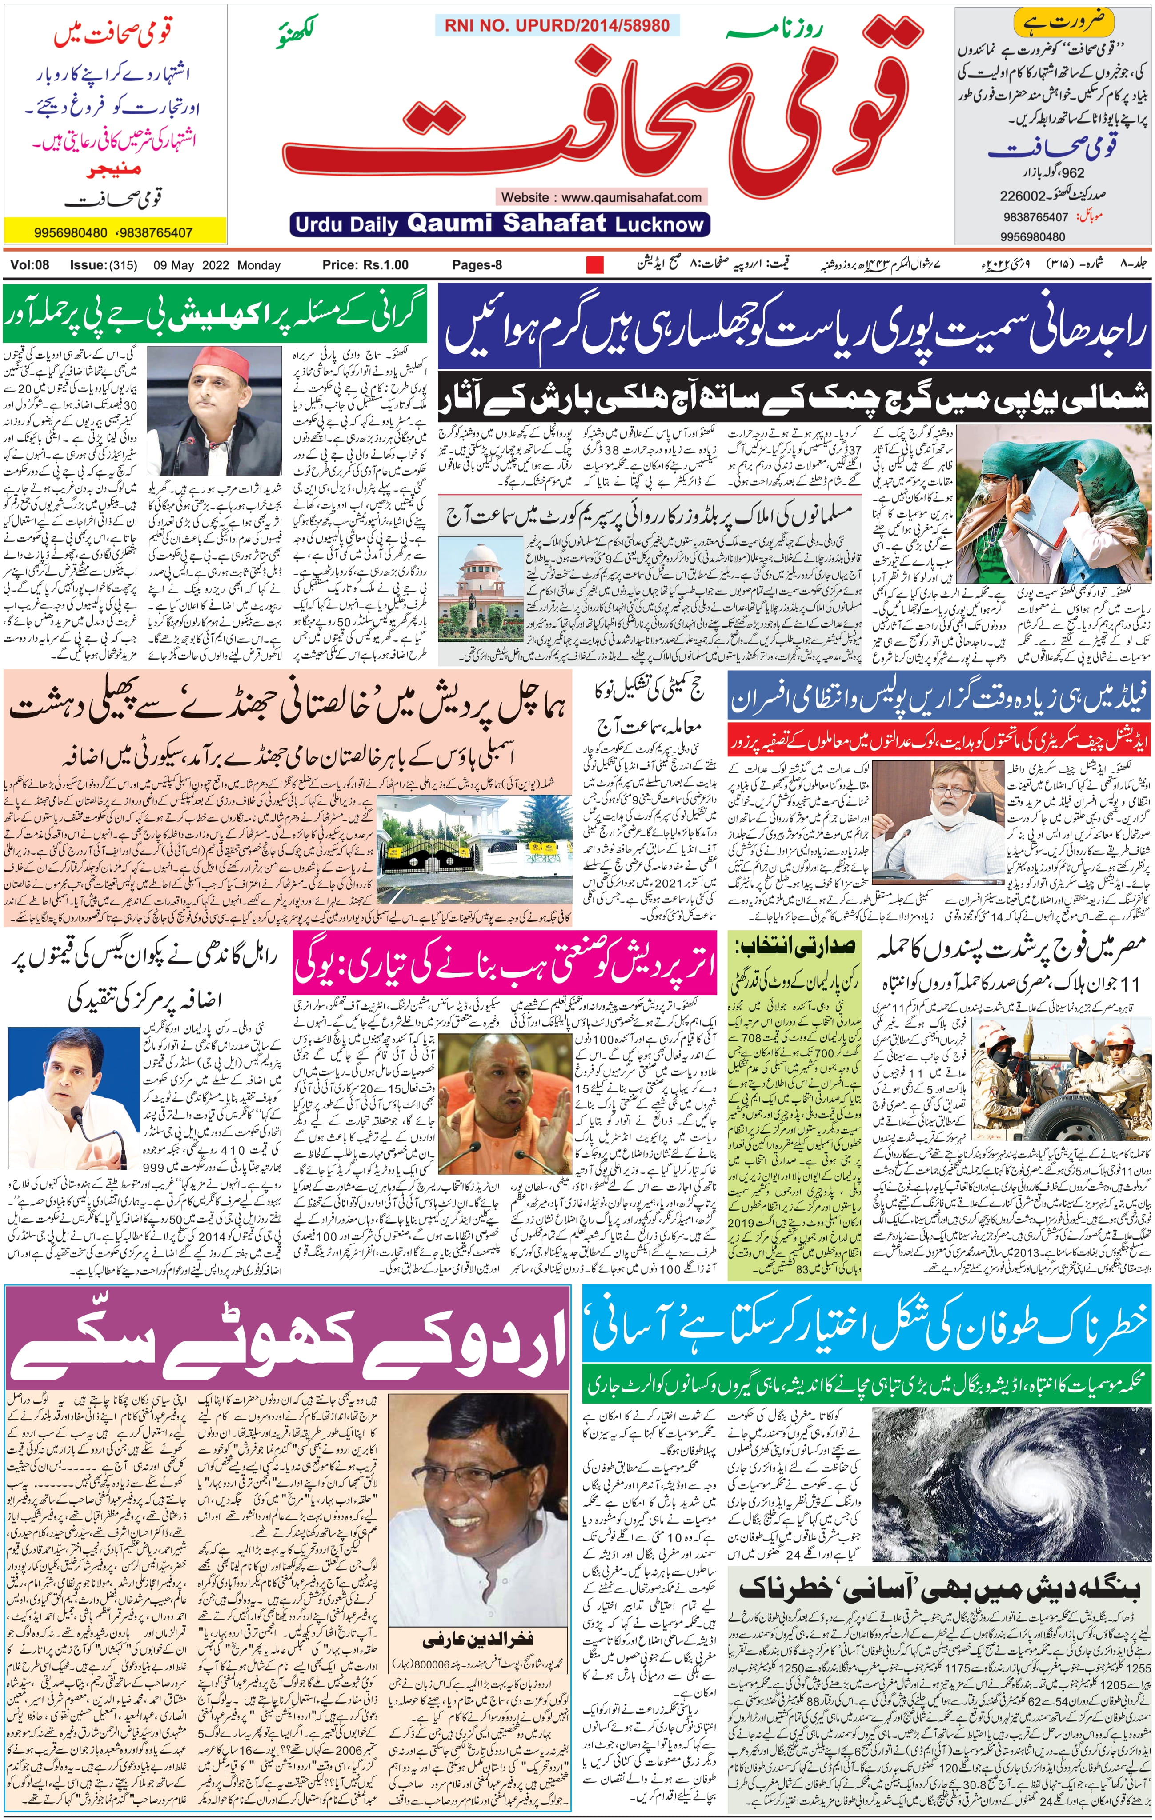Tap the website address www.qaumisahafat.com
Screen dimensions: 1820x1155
coord(602,197)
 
